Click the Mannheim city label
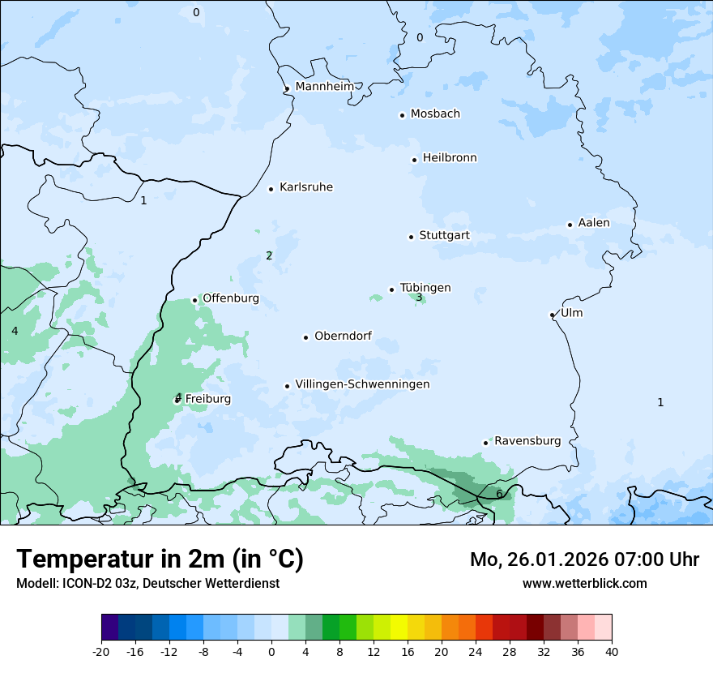(324, 86)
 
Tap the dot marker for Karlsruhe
(271, 189)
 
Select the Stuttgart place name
(444, 236)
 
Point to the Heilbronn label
(450, 158)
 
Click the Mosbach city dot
(402, 115)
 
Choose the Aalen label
(594, 223)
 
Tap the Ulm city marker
(552, 315)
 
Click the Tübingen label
(425, 288)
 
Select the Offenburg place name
(231, 298)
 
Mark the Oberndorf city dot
(305, 337)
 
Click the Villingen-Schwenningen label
(362, 384)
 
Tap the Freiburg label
(208, 399)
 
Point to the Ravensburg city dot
(485, 443)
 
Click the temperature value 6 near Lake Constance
(499, 494)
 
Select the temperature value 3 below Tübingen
(419, 298)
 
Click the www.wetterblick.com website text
(584, 583)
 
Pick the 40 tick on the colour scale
(612, 651)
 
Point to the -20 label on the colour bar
(101, 651)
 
